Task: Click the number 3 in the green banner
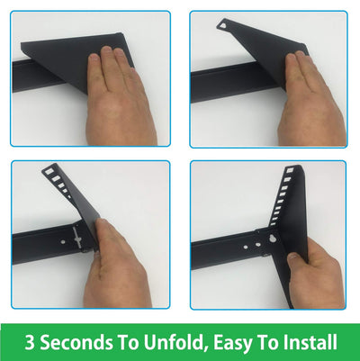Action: pos(30,342)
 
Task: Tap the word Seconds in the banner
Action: pos(76,342)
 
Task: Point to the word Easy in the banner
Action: pos(233,343)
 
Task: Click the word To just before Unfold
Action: pos(128,342)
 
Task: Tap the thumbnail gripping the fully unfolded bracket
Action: pos(292,257)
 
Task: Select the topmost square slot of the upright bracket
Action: pos(290,170)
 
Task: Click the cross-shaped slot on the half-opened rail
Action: pos(77,239)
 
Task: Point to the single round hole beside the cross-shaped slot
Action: pos(64,241)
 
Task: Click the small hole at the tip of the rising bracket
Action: pos(222,26)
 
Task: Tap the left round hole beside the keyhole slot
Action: pos(246,248)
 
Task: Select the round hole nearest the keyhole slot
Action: pos(258,245)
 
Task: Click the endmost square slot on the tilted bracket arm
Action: pos(48,172)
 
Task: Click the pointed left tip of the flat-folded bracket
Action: pos(22,44)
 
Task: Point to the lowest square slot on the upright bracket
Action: pos(273,223)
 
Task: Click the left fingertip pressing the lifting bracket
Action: pos(291,58)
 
